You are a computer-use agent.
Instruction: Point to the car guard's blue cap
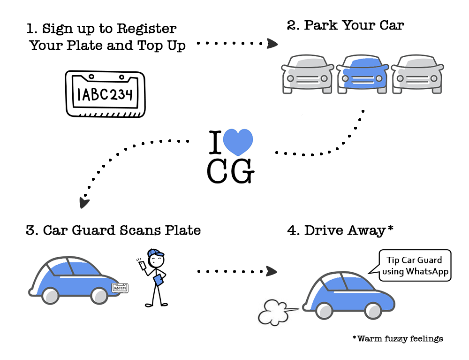tap(156, 253)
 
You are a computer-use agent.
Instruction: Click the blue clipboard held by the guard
tap(159, 280)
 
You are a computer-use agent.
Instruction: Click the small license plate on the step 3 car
tap(120, 288)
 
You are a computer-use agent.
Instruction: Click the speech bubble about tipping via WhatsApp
tap(415, 266)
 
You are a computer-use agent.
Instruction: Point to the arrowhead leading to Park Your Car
tap(272, 44)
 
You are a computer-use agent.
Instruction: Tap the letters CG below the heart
tap(231, 172)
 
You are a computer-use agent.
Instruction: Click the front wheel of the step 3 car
tap(99, 295)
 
